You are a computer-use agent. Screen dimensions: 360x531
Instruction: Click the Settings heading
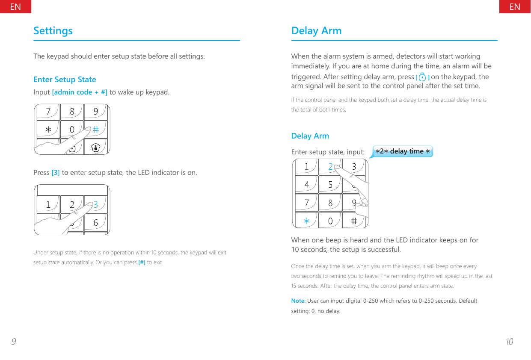point(53,31)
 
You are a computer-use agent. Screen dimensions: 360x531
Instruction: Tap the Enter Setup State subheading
point(65,80)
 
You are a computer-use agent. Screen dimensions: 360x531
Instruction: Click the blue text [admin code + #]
point(80,92)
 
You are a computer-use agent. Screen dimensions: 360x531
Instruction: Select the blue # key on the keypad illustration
point(96,129)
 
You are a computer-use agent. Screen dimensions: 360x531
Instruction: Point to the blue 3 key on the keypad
point(96,205)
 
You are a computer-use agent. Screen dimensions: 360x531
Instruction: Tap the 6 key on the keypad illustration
point(95,223)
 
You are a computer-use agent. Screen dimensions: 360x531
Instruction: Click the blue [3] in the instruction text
point(56,173)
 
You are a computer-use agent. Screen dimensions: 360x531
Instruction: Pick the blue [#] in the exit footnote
point(142,262)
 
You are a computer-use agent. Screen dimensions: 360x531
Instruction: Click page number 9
point(14,342)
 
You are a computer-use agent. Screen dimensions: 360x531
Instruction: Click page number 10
point(509,342)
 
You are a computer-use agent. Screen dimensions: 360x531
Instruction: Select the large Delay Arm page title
point(316,31)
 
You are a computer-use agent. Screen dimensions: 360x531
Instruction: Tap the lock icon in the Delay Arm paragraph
point(422,77)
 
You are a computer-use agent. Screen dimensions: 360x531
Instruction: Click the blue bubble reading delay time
point(402,151)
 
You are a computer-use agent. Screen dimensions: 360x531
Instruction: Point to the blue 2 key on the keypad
point(330,167)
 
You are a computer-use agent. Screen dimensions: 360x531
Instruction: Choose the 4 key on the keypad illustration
point(307,185)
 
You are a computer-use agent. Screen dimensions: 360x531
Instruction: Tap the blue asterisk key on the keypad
point(306,221)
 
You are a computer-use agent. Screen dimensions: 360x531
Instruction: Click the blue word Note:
point(298,301)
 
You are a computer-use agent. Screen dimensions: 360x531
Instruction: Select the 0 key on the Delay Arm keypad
point(330,221)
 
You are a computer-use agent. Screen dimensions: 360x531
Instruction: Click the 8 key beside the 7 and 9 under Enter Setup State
point(72,112)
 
